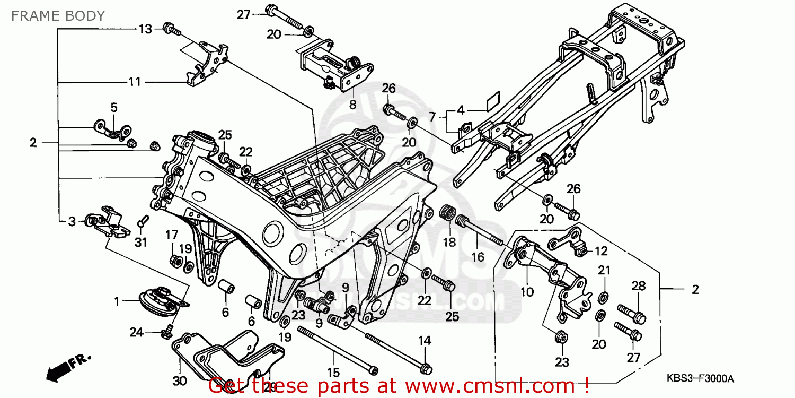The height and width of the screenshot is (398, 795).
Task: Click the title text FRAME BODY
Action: [58, 15]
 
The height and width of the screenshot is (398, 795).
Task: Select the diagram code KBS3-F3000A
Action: [700, 378]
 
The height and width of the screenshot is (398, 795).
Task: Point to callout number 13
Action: [145, 29]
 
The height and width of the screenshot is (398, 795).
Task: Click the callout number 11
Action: [135, 82]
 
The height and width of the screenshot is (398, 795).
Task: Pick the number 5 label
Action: [114, 107]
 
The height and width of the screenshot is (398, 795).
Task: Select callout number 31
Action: [140, 243]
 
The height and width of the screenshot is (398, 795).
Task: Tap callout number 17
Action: [171, 234]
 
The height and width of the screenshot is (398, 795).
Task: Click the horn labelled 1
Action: [159, 300]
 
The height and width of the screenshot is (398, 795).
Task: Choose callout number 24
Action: [136, 332]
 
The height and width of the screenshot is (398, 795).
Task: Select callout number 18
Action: [449, 243]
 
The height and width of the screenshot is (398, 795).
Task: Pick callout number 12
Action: [601, 251]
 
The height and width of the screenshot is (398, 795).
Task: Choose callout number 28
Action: [638, 287]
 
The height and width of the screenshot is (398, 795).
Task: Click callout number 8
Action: [352, 105]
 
